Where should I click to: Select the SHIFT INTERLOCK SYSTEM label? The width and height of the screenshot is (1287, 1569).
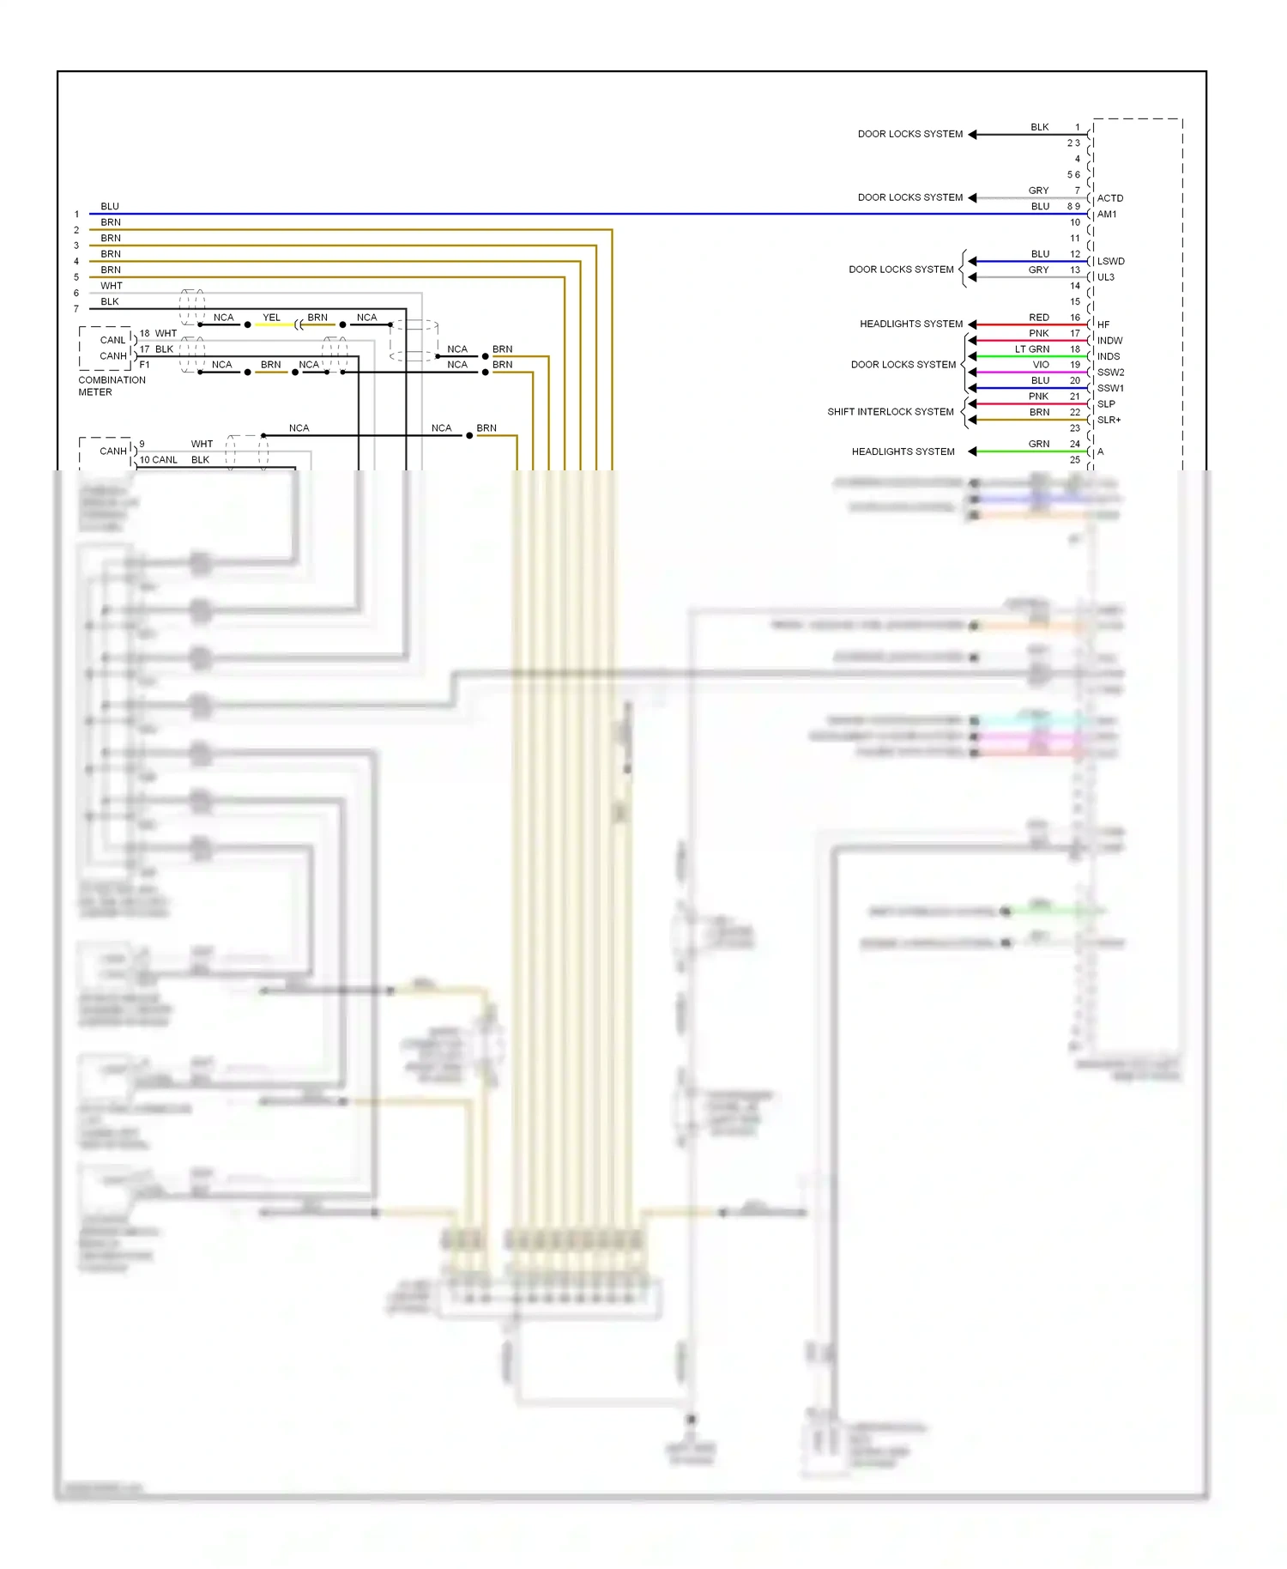pyautogui.click(x=890, y=412)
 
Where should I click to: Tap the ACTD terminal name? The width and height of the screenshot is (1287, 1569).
pyautogui.click(x=1109, y=198)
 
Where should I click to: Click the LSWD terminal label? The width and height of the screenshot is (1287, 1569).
pyautogui.click(x=1110, y=262)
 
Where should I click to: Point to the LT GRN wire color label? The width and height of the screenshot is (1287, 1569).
pyautogui.click(x=1031, y=349)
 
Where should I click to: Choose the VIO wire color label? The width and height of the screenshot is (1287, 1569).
pyautogui.click(x=1040, y=365)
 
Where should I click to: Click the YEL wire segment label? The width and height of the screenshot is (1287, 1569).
pyautogui.click(x=271, y=318)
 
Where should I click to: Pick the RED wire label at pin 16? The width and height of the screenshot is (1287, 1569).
pyautogui.click(x=1038, y=318)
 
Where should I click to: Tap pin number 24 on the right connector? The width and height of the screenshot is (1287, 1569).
pyautogui.click(x=1074, y=444)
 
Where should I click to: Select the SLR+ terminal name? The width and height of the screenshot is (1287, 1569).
pyautogui.click(x=1109, y=421)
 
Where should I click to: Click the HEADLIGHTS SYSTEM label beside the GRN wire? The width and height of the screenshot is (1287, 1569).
pyautogui.click(x=903, y=451)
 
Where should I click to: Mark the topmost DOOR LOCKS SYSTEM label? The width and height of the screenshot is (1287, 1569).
pyautogui.click(x=909, y=134)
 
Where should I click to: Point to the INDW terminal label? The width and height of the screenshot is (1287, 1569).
pyautogui.click(x=1109, y=341)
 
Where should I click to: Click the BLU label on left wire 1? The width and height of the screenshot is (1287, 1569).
pyautogui.click(x=110, y=207)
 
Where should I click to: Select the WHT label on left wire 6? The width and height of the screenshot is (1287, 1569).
pyautogui.click(x=112, y=286)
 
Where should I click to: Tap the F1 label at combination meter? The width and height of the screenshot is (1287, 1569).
pyautogui.click(x=144, y=365)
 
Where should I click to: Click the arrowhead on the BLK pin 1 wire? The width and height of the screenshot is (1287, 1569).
pyautogui.click(x=972, y=135)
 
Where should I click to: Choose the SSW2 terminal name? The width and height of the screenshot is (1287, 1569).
pyautogui.click(x=1110, y=373)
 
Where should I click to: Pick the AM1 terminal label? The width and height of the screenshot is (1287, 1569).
pyautogui.click(x=1107, y=215)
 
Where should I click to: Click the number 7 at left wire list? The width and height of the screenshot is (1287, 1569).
pyautogui.click(x=76, y=309)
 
